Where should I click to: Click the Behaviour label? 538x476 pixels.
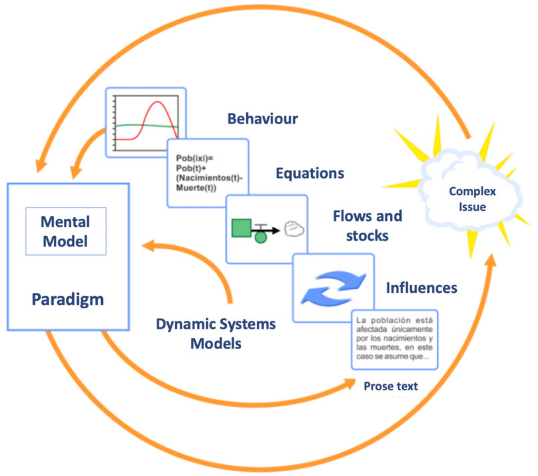click(262, 119)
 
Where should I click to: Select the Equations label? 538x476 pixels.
click(310, 173)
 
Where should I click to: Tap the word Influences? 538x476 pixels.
click(421, 288)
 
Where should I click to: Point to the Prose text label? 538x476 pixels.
click(390, 386)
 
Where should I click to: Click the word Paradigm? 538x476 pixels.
click(68, 299)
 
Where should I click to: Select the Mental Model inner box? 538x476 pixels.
click(66, 231)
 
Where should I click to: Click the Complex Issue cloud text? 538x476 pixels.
click(472, 199)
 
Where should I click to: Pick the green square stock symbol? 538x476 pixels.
click(241, 228)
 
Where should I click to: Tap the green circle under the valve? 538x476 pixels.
click(260, 237)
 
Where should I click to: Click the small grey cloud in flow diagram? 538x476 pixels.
click(294, 229)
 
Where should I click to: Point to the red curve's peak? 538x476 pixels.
click(157, 102)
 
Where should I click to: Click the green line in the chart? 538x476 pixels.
click(132, 125)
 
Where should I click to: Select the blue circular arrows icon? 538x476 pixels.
click(333, 288)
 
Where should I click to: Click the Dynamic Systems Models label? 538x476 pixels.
click(216, 334)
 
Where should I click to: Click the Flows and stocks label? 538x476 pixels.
click(367, 226)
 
